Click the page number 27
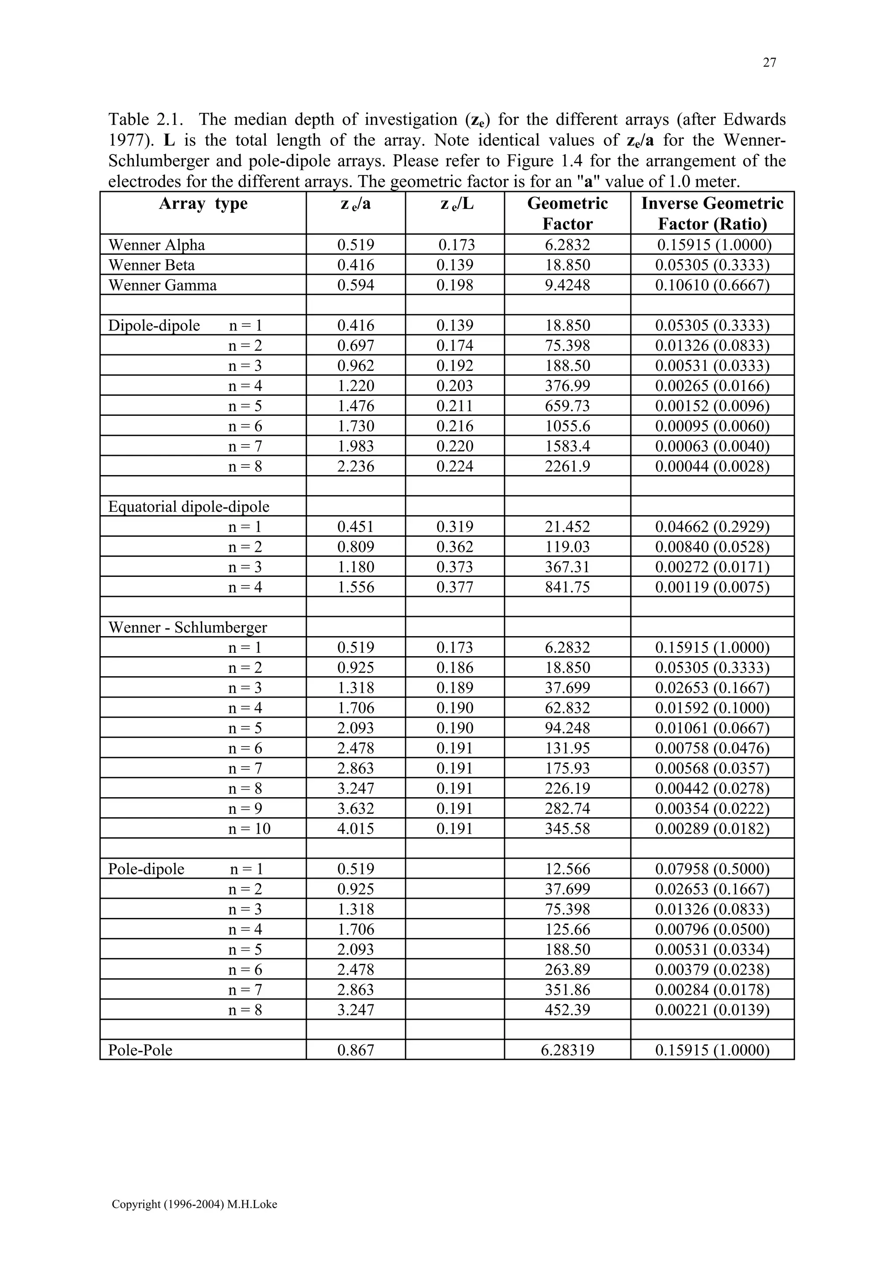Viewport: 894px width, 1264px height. [x=770, y=63]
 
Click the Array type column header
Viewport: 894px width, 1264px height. [x=203, y=204]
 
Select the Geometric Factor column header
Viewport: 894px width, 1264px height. [x=567, y=214]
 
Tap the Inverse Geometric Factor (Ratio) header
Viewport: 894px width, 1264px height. [x=712, y=214]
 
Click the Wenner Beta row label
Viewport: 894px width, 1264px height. [x=151, y=265]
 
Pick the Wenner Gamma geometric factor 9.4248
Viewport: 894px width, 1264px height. [x=567, y=285]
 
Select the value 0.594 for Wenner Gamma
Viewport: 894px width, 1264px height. [x=355, y=285]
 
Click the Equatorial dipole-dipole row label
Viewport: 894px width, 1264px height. [x=189, y=507]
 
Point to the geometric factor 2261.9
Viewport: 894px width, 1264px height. [x=567, y=466]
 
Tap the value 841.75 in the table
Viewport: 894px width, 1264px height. [x=567, y=587]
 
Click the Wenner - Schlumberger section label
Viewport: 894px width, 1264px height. [x=188, y=627]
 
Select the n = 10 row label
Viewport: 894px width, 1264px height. [x=250, y=829]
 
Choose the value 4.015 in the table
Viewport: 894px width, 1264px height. [x=355, y=829]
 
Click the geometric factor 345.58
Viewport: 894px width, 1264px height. [x=567, y=829]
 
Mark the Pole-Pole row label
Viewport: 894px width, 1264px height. [x=141, y=1050]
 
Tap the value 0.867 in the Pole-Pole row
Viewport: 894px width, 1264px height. [x=355, y=1050]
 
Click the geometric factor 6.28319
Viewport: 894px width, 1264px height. [x=567, y=1050]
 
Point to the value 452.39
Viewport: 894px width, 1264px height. [x=567, y=1010]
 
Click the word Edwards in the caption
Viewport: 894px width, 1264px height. [x=754, y=120]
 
